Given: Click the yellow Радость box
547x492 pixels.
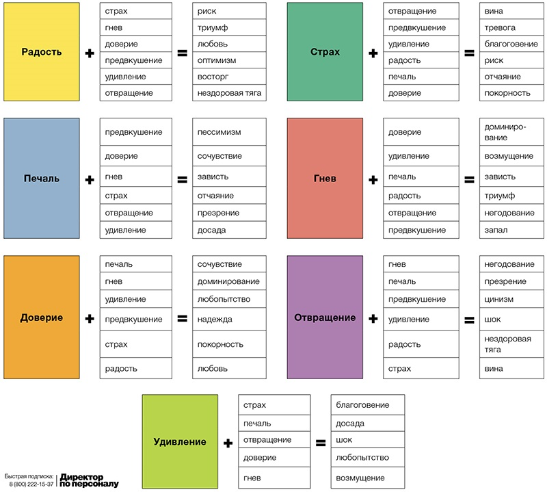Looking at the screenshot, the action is pos(42,52).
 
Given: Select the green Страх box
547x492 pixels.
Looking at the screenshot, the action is pos(325,52).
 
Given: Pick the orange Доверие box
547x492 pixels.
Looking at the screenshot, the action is pos(42,318).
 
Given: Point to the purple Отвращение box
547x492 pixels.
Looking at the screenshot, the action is pos(325,318).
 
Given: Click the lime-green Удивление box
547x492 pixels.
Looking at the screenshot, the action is pos(180,442).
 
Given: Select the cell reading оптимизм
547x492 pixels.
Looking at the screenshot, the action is pos(228,60).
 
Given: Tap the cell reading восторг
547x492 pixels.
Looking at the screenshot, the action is pos(228,76).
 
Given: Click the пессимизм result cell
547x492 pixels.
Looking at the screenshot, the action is pos(228,131).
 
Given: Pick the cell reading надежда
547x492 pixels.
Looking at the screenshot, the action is pos(228,319).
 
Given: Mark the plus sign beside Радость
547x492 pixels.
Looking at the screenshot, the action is pos(90,53).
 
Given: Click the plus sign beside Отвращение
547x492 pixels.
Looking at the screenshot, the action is pos(373,318).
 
